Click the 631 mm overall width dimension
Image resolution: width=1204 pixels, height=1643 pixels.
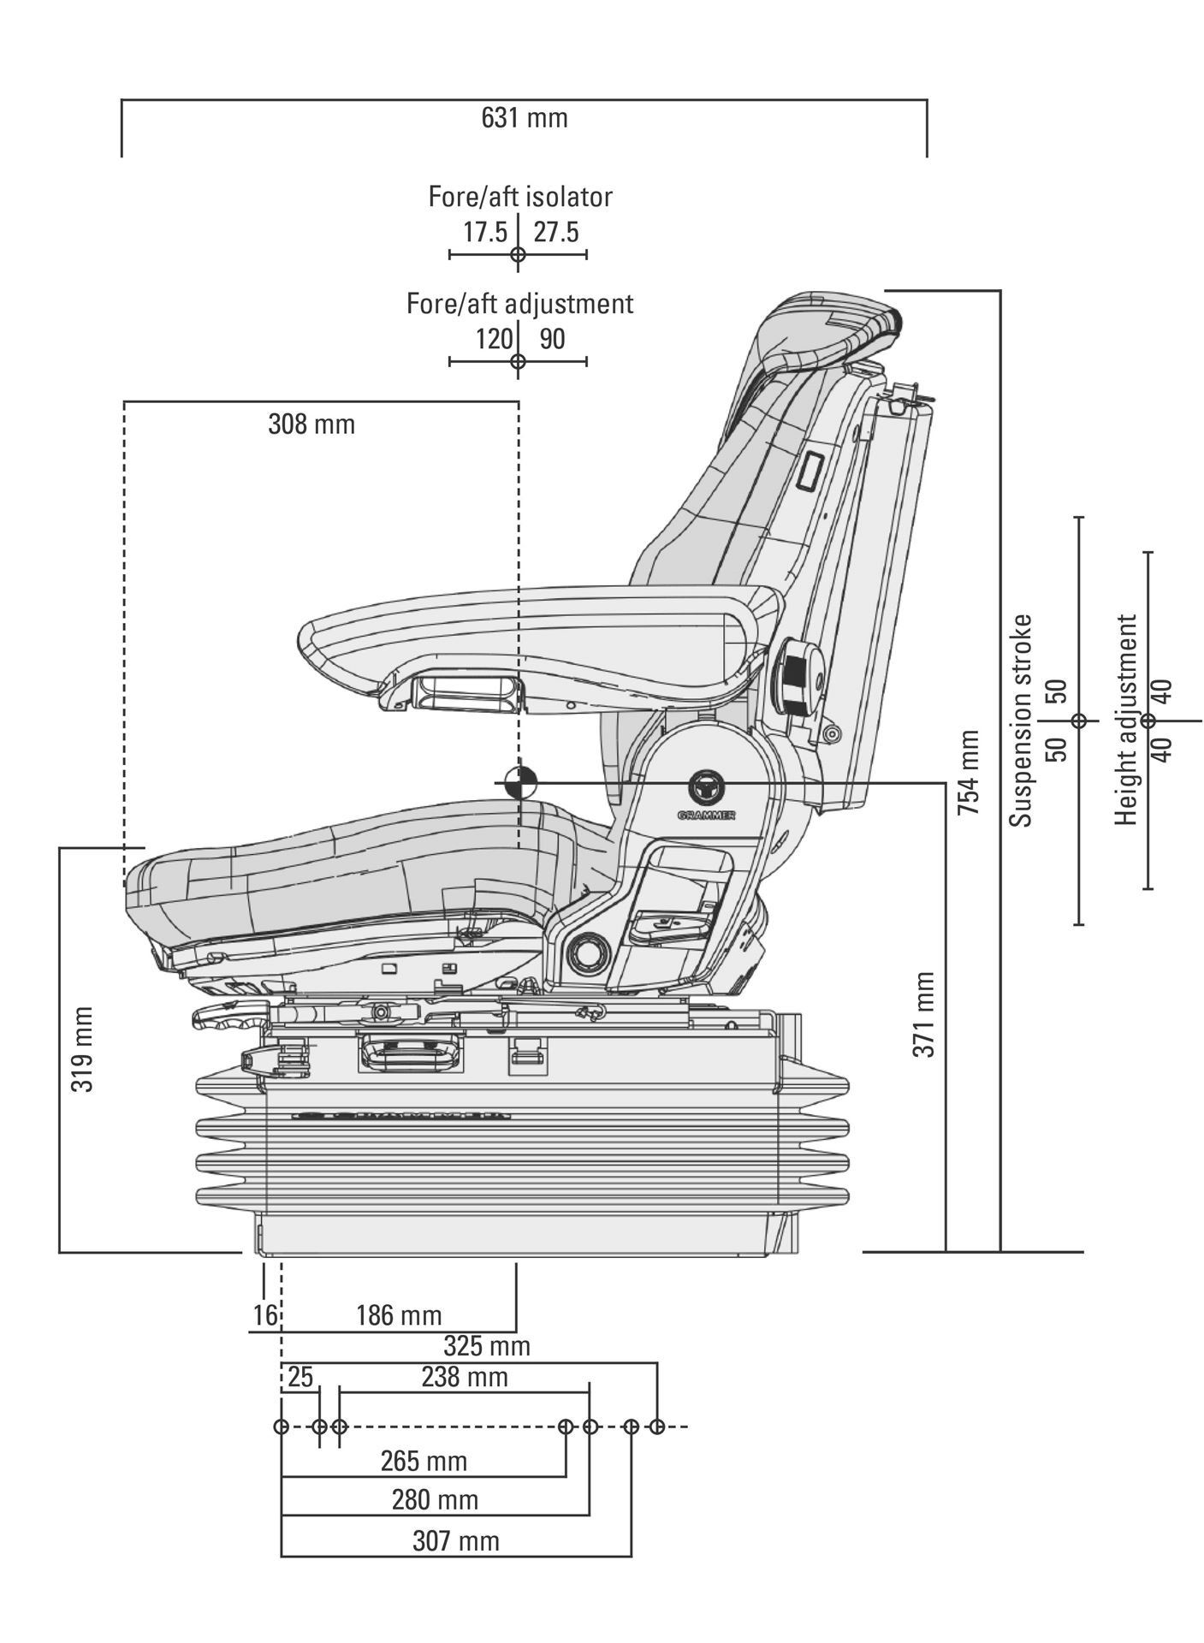point(524,118)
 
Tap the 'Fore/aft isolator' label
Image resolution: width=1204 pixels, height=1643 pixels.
point(520,197)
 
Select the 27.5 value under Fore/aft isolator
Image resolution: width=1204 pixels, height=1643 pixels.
point(556,232)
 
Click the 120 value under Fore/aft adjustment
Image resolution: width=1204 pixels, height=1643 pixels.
point(494,339)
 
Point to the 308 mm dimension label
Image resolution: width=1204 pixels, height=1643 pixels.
point(311,424)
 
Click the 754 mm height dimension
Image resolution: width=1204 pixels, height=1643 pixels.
point(969,772)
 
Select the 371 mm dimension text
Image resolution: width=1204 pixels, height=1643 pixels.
point(924,1014)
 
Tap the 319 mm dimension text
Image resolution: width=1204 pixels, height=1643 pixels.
point(82,1048)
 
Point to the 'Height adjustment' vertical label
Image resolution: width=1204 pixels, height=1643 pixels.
point(1128,720)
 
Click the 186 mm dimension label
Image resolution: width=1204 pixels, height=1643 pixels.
point(399,1315)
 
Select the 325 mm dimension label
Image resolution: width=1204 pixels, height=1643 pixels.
point(487,1346)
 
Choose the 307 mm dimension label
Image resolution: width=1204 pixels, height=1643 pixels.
point(455,1541)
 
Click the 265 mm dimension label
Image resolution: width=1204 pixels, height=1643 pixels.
point(424,1461)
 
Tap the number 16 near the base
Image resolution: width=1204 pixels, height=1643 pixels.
point(265,1315)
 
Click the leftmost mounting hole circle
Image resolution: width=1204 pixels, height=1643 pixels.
point(281,1427)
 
